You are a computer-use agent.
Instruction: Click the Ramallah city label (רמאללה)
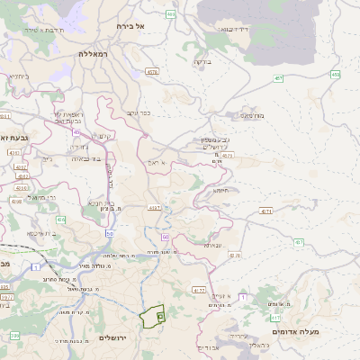[x=94, y=54]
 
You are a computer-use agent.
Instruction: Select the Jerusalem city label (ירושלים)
[x=114, y=337]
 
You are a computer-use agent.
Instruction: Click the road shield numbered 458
[x=335, y=75]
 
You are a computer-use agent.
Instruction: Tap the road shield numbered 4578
[x=152, y=72]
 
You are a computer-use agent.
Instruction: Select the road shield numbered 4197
[x=154, y=207]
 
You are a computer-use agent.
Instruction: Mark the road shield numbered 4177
[x=199, y=291]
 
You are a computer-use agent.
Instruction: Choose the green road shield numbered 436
[x=60, y=219]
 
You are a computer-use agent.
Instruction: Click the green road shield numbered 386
[x=13, y=335]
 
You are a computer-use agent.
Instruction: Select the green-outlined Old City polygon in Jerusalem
[x=153, y=317]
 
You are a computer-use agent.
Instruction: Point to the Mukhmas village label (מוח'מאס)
[x=253, y=115]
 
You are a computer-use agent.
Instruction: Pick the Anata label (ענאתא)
[x=212, y=245]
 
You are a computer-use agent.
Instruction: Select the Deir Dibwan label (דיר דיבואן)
[x=234, y=29]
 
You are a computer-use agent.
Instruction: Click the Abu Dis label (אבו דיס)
[x=208, y=347]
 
